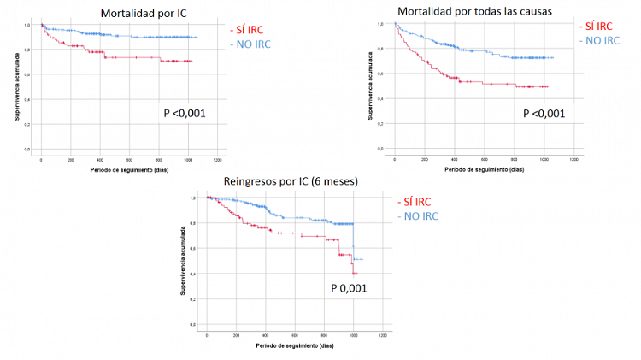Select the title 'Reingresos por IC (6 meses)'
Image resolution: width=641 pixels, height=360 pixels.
click(x=289, y=181)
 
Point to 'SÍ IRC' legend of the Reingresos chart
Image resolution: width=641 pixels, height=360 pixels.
click(x=417, y=202)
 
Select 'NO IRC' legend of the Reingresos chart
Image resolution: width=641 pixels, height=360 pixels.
click(x=418, y=216)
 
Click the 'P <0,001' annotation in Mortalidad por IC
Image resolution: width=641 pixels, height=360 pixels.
click(x=185, y=112)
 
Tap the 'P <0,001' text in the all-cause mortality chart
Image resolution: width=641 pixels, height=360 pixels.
click(x=544, y=114)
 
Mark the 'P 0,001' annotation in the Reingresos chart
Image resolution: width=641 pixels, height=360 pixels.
click(x=349, y=288)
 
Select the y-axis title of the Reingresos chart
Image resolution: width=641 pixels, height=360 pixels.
click(x=183, y=261)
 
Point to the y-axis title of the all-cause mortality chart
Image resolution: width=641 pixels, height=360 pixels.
click(x=370, y=86)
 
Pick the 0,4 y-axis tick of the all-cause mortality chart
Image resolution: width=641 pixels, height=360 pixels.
click(x=380, y=99)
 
